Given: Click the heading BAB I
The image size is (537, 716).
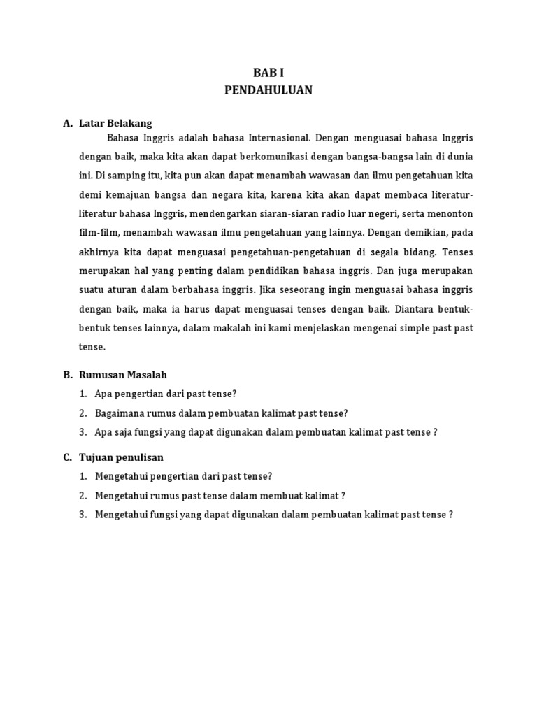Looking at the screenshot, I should tap(268, 73).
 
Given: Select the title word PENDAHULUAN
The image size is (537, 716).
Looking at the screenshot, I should tap(268, 90).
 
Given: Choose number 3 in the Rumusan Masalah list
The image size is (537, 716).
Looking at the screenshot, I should tap(83, 432).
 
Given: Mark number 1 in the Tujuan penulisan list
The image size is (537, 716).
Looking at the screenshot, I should tap(83, 476).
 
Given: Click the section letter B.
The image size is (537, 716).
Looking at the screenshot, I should tap(67, 375).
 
